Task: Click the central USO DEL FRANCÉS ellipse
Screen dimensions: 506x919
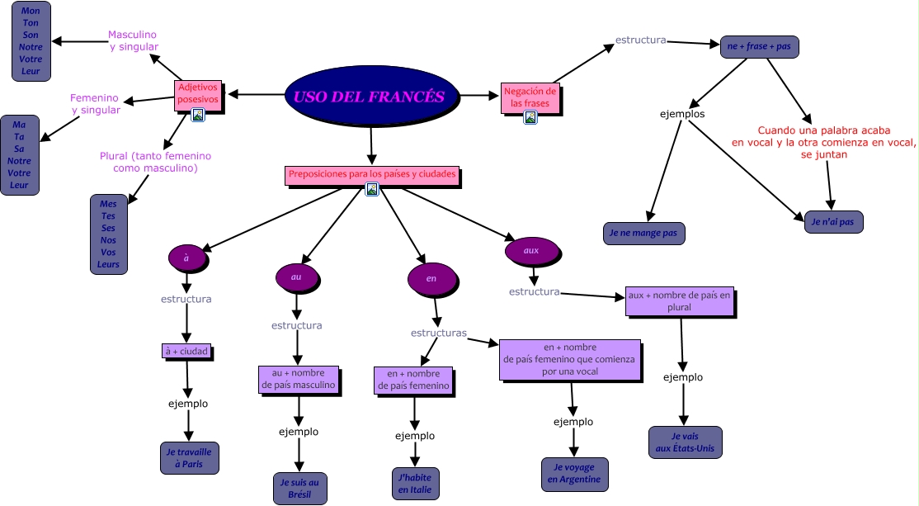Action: (370, 96)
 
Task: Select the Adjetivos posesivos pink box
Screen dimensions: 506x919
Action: (199, 92)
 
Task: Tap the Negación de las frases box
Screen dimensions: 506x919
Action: (530, 97)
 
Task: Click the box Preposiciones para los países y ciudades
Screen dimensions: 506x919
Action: (371, 175)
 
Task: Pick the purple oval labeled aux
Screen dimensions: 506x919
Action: (532, 249)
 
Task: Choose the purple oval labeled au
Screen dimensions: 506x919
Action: (297, 277)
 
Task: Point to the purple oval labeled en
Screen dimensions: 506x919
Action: (431, 279)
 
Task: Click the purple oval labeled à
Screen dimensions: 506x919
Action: (187, 258)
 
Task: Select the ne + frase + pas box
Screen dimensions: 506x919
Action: (759, 46)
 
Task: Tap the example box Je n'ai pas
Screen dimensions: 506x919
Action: (833, 222)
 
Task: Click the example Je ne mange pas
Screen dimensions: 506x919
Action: (643, 234)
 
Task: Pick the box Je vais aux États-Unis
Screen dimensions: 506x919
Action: (685, 442)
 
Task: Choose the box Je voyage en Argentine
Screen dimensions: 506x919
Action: (574, 474)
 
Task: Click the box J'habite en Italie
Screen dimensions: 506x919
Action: (415, 484)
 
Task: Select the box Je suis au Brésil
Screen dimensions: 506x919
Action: (300, 488)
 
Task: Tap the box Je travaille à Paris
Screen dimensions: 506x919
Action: (189, 458)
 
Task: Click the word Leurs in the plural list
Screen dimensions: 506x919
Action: (109, 265)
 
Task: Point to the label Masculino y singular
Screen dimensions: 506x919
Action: (133, 41)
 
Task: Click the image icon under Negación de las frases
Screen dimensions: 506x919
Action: (530, 117)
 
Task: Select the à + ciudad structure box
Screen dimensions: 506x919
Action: (186, 352)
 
